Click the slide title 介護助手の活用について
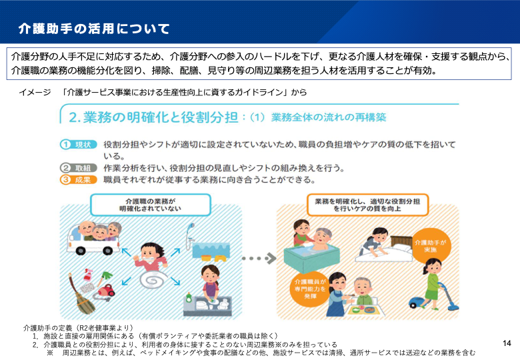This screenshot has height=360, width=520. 94,29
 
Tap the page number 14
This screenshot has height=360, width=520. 507,343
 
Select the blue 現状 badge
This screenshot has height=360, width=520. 79,145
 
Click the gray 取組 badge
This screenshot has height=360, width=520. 79,168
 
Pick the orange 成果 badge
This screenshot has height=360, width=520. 79,180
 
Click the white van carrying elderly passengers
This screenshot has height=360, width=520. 93,238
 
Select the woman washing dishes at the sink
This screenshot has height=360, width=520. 211,283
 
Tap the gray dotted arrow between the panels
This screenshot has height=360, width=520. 259,258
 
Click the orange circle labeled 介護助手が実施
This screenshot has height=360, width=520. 431,245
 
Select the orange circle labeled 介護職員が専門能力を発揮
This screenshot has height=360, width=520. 311,289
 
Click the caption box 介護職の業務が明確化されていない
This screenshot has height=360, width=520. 150,205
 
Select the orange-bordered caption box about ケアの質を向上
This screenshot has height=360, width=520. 367,205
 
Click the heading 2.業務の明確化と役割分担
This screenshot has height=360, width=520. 153,117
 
